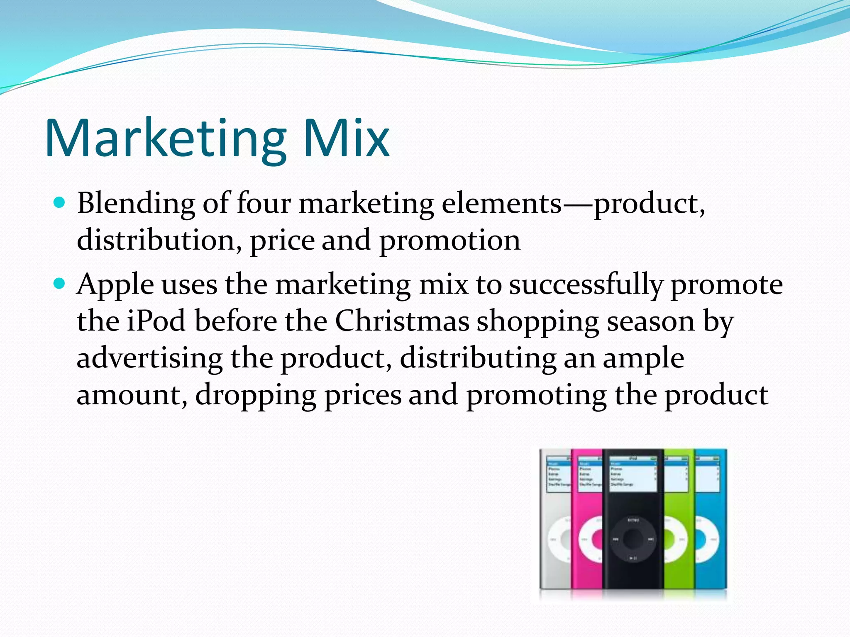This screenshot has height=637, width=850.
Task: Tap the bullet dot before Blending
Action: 60,203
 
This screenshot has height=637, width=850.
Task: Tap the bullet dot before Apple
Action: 60,284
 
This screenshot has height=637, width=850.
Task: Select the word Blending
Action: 136,204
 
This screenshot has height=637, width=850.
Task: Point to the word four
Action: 264,203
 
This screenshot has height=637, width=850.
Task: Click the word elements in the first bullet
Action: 501,204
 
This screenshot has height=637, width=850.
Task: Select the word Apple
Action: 115,285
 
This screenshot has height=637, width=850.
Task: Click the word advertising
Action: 150,358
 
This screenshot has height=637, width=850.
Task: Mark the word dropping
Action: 256,396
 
